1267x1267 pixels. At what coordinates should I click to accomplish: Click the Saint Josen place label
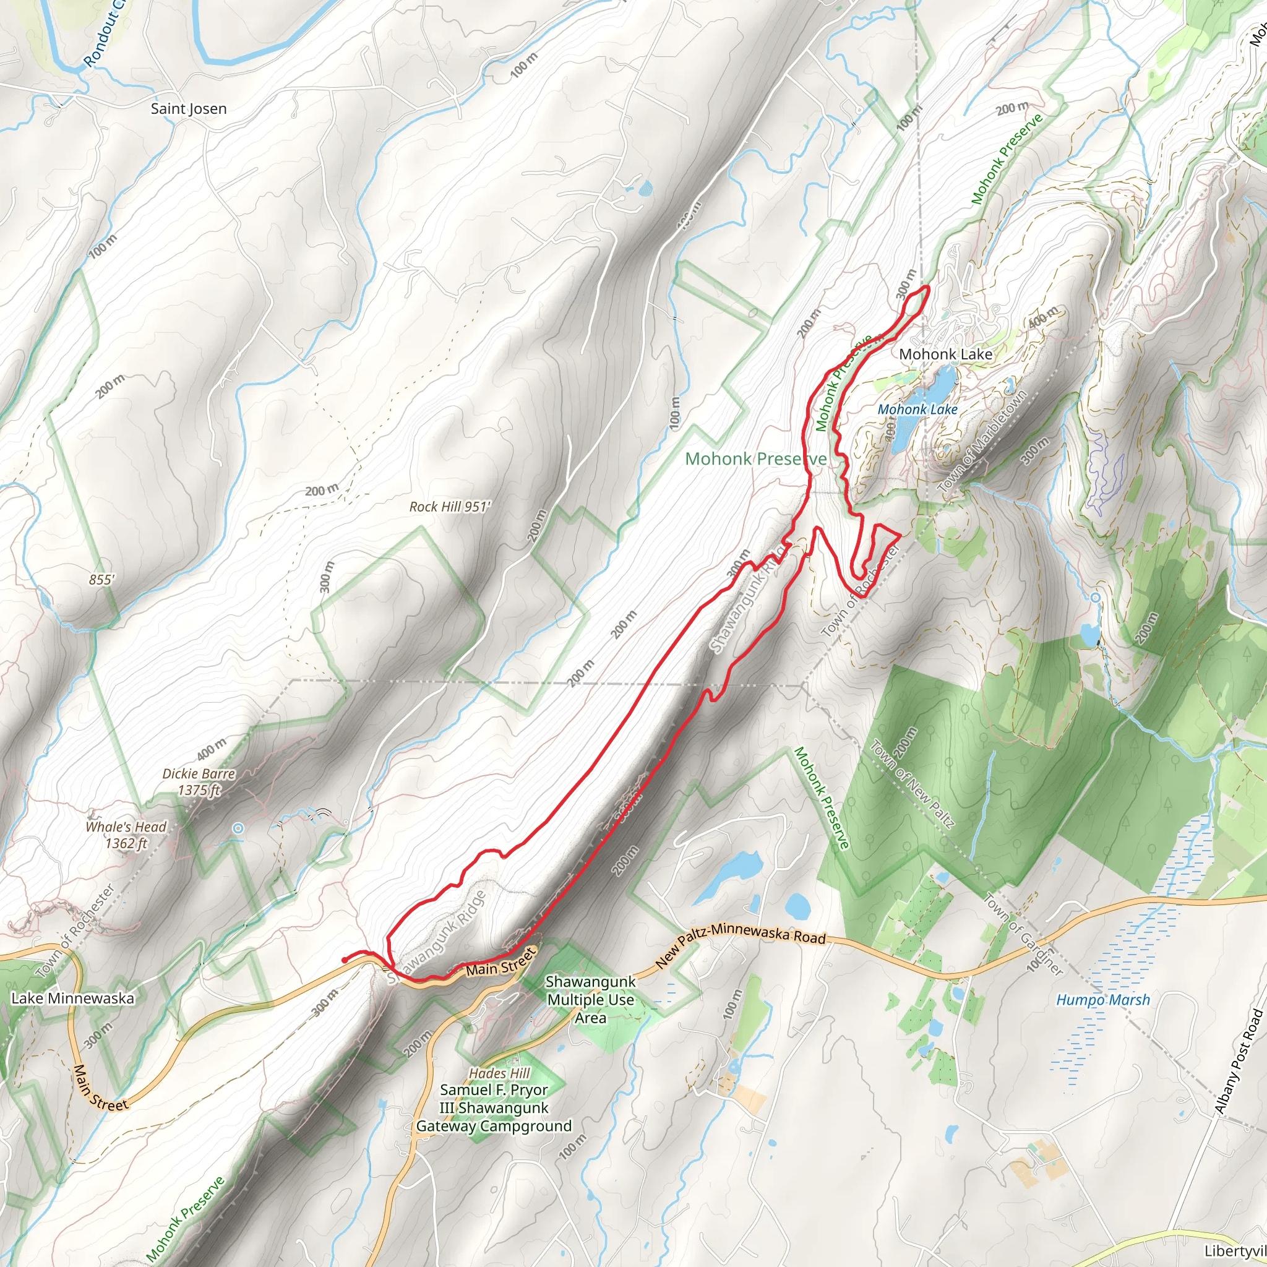click(x=189, y=109)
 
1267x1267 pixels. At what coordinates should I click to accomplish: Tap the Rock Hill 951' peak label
click(x=450, y=507)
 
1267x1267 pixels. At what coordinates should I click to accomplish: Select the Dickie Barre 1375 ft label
click(x=199, y=782)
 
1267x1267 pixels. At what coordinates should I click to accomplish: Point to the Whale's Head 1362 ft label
click(x=127, y=835)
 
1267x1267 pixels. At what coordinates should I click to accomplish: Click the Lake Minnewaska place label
click(x=72, y=998)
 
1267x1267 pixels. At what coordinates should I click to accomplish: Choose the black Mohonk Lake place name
click(x=945, y=354)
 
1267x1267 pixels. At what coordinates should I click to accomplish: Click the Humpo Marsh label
click(x=1102, y=1000)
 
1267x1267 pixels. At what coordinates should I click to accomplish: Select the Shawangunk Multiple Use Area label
click(x=590, y=1000)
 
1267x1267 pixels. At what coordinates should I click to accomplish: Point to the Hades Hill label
click(x=499, y=1073)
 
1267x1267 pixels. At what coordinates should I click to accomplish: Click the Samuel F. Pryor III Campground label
click(x=494, y=1107)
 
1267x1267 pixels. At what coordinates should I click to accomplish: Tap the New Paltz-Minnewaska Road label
click(x=741, y=948)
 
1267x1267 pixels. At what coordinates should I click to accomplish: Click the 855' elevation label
click(x=101, y=580)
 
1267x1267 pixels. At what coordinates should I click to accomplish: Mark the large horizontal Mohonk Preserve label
click(x=755, y=459)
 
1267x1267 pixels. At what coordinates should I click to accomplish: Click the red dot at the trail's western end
click(x=345, y=961)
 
